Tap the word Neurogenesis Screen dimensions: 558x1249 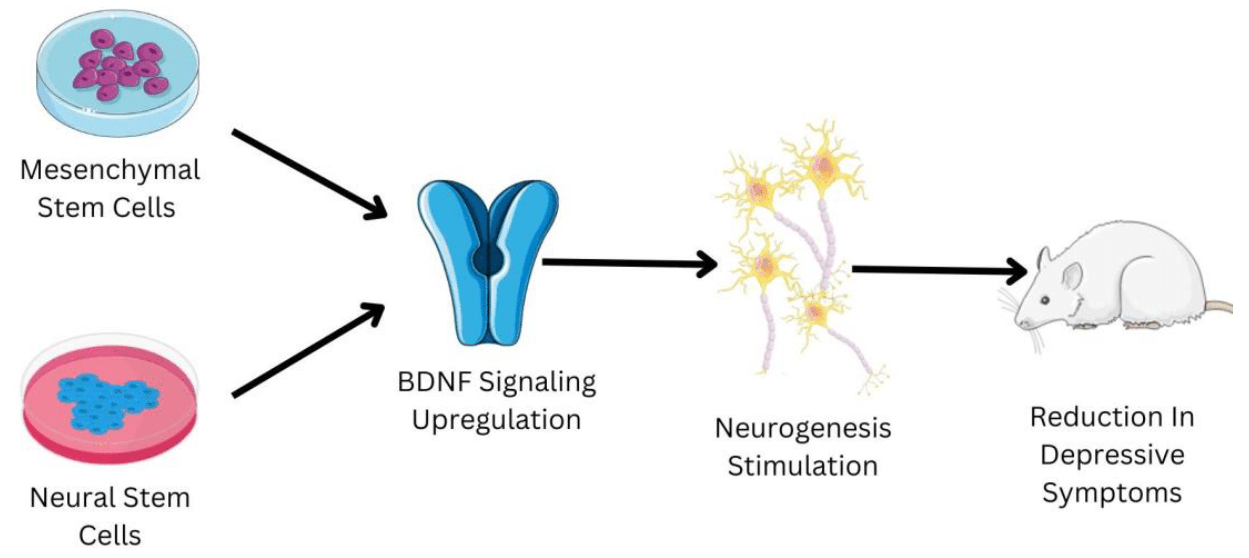803,429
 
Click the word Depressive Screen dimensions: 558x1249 1112,455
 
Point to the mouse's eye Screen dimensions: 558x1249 1045,301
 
